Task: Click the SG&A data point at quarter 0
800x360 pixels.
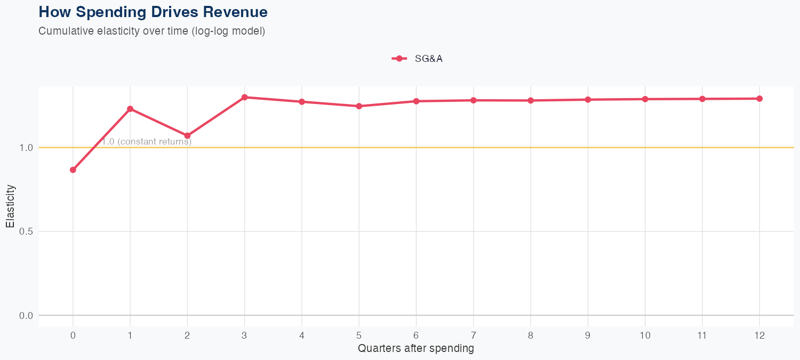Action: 73,170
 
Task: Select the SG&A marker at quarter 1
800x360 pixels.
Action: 130,109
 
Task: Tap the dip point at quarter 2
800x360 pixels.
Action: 187,135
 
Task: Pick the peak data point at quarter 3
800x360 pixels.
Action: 244,97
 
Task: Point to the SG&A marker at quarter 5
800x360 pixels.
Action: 359,106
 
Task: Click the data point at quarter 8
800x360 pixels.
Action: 531,100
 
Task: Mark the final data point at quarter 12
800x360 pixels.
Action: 759,99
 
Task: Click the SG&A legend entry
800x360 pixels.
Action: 418,59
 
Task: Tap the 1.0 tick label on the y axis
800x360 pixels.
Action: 26,148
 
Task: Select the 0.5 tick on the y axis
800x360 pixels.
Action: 26,231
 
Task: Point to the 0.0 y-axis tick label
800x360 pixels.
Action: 26,316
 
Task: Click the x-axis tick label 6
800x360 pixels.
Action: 416,335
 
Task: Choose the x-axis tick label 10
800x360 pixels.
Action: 645,335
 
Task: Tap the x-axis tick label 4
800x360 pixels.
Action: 302,335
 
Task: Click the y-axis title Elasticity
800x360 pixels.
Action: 11,206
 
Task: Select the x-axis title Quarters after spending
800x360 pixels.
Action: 416,349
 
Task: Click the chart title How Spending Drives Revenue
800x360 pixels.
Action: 153,12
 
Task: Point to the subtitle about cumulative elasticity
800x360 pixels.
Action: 152,31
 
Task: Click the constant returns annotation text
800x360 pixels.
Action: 147,142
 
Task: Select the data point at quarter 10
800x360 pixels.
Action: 645,99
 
